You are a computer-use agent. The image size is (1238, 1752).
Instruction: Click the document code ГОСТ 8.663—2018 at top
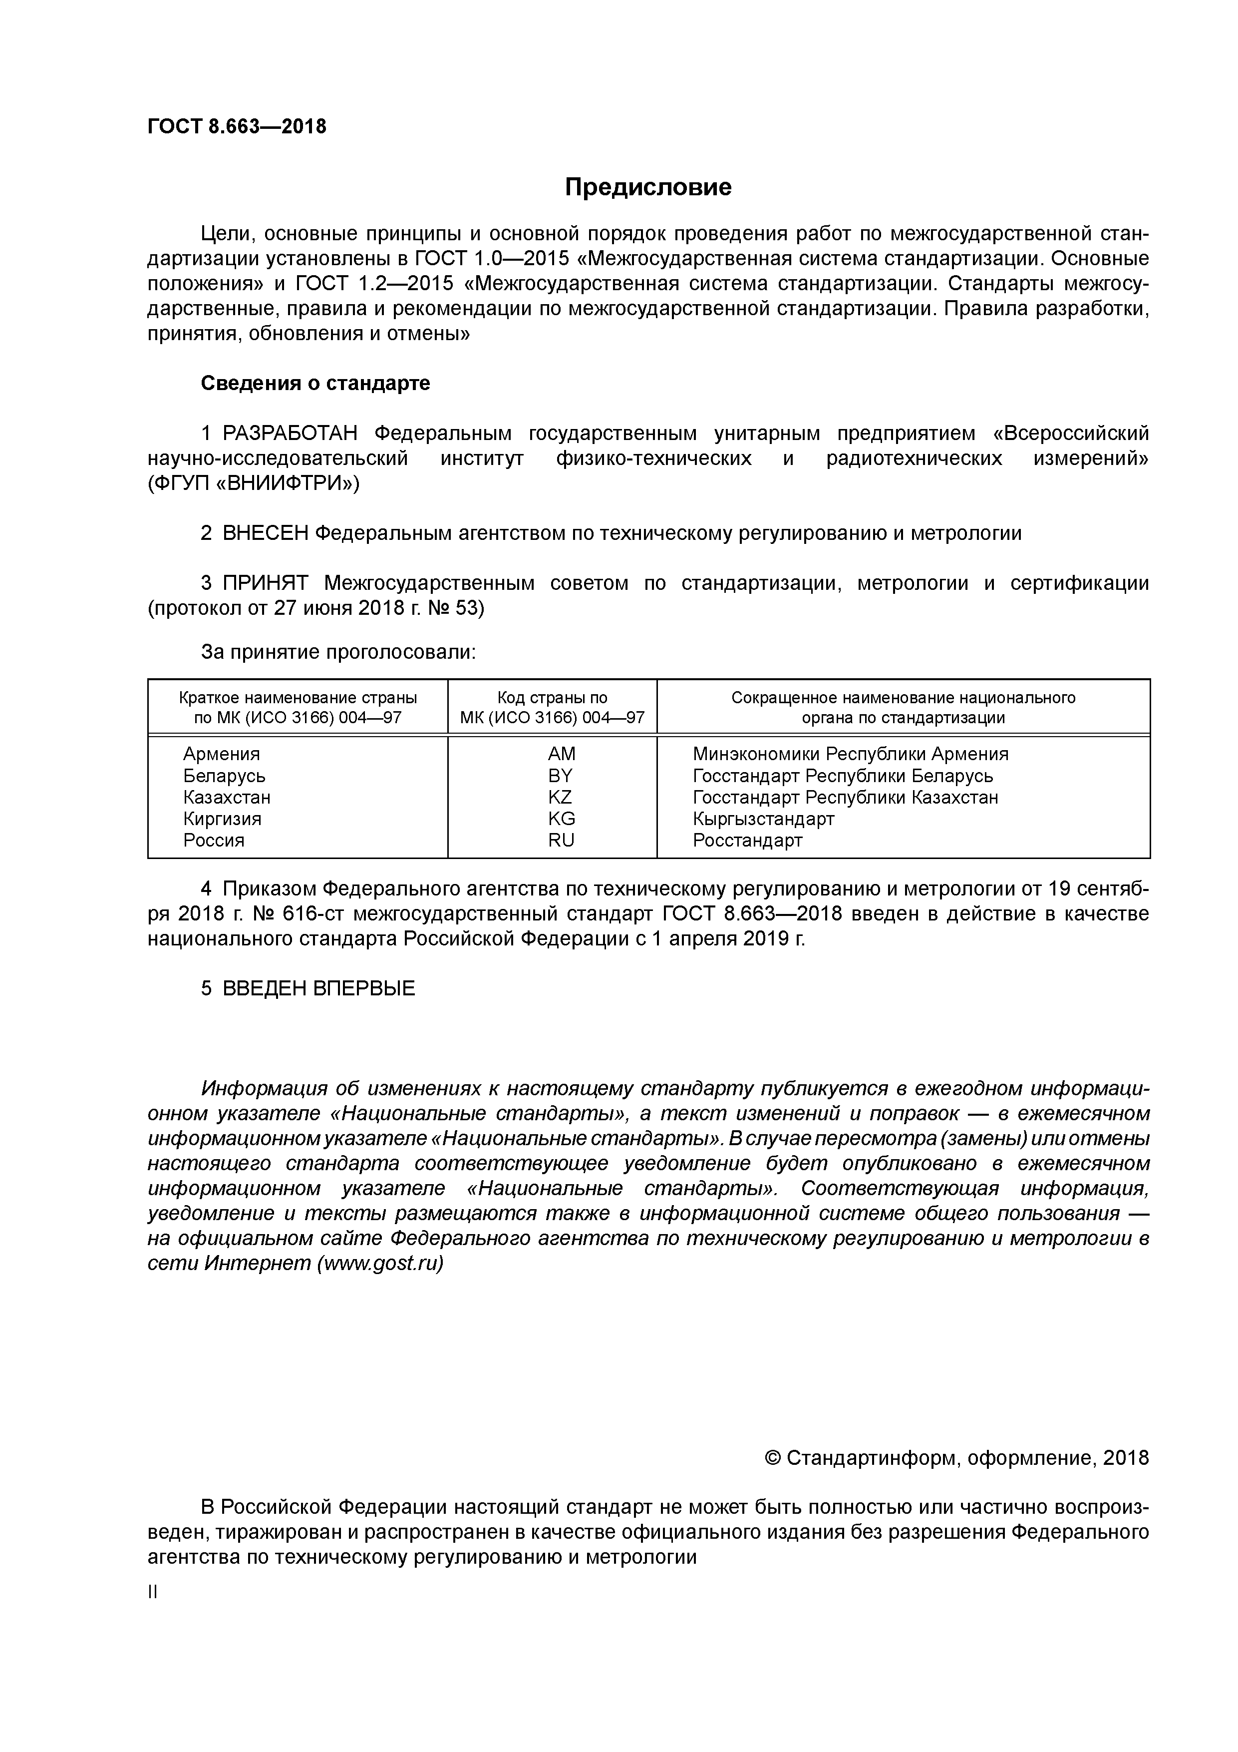237,127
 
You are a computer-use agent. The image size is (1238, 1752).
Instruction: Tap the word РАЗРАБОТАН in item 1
290,434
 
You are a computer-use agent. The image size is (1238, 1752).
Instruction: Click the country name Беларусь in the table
224,776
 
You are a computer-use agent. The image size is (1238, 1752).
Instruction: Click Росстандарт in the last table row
747,840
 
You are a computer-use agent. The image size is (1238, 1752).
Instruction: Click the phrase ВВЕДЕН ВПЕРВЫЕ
318,989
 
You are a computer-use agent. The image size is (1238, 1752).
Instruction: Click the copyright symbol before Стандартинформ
772,1458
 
